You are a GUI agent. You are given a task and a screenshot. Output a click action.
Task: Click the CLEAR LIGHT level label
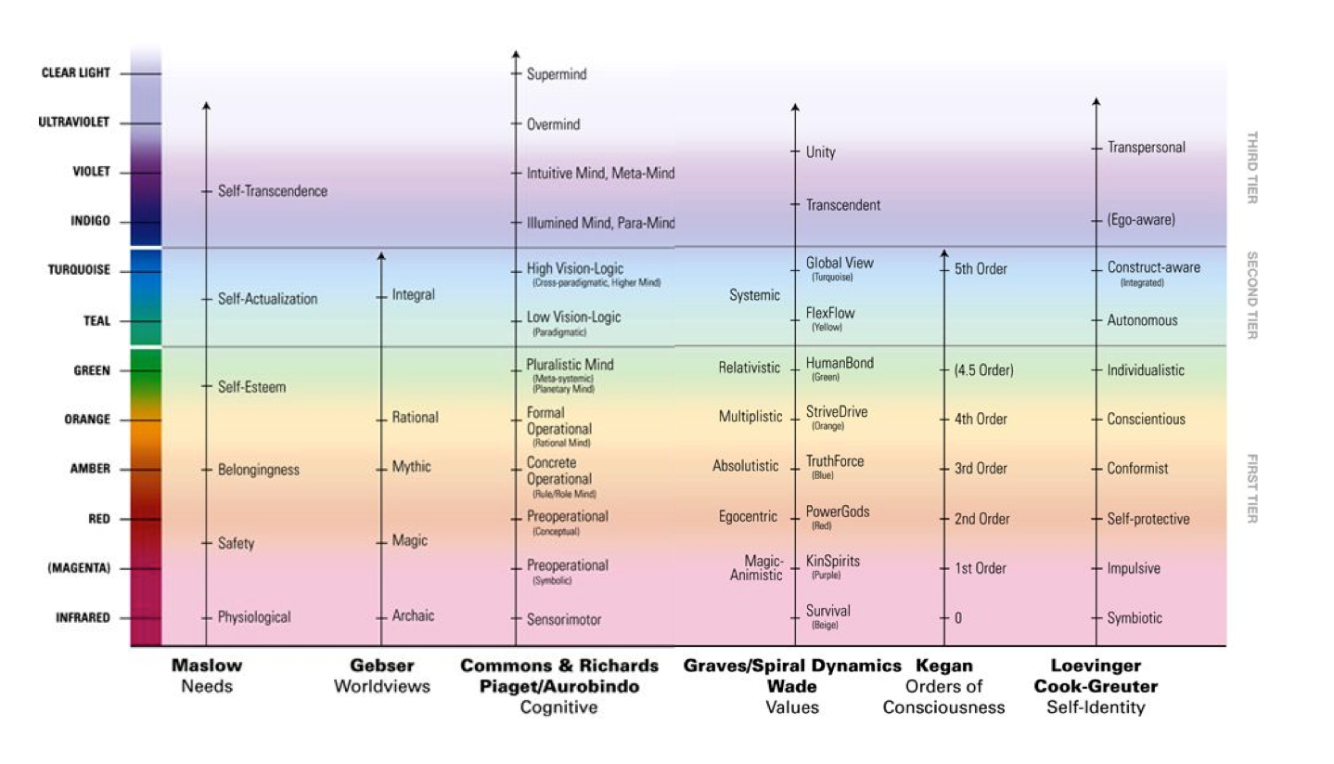[75, 73]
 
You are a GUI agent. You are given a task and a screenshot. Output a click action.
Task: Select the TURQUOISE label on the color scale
[79, 270]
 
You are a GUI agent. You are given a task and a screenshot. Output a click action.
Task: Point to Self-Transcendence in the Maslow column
[272, 191]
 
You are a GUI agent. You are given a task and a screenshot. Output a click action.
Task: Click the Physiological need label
[254, 617]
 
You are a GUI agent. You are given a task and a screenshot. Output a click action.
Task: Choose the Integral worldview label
[413, 295]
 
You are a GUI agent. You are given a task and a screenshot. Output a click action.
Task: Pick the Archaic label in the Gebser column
[413, 615]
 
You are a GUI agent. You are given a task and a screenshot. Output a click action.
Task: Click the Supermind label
[557, 73]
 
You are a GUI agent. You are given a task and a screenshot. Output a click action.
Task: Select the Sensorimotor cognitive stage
[564, 619]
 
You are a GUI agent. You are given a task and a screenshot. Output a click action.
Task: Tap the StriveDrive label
[837, 411]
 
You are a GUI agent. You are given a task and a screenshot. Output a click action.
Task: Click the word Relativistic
[750, 369]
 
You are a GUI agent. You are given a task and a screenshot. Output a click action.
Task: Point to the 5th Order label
[981, 270]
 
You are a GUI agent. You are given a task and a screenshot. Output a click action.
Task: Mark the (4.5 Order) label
[983, 370]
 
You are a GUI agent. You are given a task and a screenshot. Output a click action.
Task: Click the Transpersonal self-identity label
[1146, 148]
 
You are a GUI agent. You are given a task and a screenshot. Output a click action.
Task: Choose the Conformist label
[1137, 469]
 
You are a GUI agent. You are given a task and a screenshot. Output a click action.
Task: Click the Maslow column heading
[206, 666]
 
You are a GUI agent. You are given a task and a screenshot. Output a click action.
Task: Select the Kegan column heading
[943, 666]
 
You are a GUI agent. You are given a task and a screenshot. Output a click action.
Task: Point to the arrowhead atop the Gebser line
[381, 256]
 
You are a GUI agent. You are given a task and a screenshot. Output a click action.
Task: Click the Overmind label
[553, 124]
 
